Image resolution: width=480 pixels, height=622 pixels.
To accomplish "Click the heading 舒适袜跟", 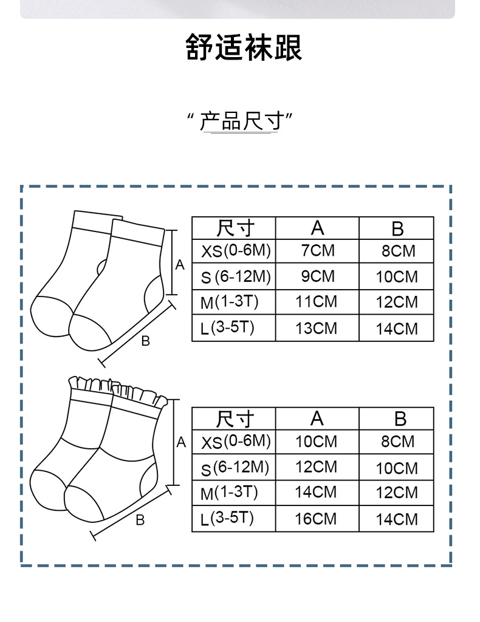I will point(244,48).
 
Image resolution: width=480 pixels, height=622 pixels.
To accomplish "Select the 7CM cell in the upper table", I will point(317,250).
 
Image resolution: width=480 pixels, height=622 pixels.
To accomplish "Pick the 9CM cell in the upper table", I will point(317,276).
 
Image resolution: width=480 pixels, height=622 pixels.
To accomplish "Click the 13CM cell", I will point(316,328).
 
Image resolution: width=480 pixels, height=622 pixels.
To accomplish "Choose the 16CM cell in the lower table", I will point(316,519).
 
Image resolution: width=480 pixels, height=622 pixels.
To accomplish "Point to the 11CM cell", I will point(316,302).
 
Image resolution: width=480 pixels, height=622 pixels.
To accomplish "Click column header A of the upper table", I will point(317,228).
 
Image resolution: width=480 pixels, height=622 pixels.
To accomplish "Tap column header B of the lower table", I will point(399,419).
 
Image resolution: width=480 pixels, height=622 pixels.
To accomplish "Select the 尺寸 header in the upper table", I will point(235,228).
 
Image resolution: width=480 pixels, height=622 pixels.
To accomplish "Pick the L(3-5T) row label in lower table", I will point(227,519).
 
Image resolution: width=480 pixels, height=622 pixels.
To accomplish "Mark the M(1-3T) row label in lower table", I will point(229,493).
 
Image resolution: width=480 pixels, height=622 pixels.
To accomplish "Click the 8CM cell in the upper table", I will point(398,251).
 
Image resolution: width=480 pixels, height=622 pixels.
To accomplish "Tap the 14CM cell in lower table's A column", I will point(316,492).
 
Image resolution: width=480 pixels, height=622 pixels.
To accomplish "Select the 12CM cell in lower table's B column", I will point(397,493).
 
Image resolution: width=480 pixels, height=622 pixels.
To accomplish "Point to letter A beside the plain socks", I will point(180,265).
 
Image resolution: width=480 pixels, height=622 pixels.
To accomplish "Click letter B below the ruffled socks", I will point(140,520).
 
